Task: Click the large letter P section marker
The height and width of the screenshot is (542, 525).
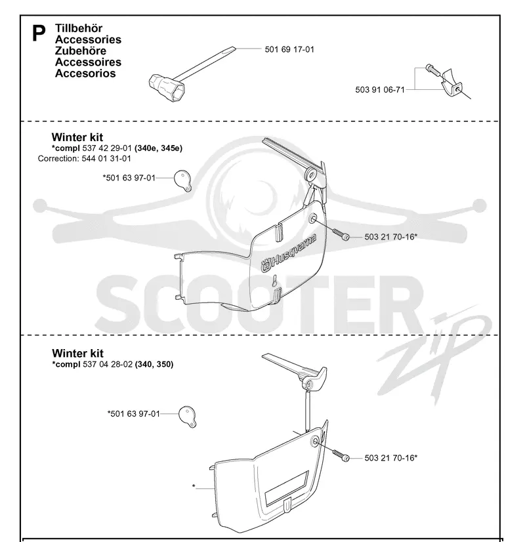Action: pyautogui.click(x=39, y=33)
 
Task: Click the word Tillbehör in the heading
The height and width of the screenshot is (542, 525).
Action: pyautogui.click(x=79, y=28)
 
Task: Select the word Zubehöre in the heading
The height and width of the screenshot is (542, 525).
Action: pyautogui.click(x=81, y=51)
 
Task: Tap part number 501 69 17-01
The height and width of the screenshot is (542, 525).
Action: pyautogui.click(x=289, y=49)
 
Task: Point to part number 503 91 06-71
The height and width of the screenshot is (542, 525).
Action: pyautogui.click(x=380, y=89)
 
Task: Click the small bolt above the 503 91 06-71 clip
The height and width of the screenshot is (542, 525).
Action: pyautogui.click(x=432, y=70)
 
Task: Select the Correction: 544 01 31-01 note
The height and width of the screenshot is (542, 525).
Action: pyautogui.click(x=85, y=159)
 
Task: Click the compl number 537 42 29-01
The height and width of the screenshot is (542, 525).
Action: pyautogui.click(x=107, y=148)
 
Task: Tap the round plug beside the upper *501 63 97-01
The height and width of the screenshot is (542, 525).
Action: pyautogui.click(x=182, y=180)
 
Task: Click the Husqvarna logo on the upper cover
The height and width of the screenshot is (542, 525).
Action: pyautogui.click(x=288, y=253)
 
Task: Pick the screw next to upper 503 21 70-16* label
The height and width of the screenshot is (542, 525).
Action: pyautogui.click(x=341, y=234)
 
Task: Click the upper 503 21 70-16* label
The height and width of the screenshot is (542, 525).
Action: pyautogui.click(x=391, y=237)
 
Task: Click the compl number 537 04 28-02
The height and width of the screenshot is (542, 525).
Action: pyautogui.click(x=108, y=364)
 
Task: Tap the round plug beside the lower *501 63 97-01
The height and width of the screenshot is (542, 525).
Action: pyautogui.click(x=187, y=416)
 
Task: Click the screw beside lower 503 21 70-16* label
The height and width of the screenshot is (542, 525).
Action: pyautogui.click(x=341, y=455)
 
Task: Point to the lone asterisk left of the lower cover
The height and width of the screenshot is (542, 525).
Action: pyautogui.click(x=194, y=486)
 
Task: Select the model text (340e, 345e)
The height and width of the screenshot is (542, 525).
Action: pyautogui.click(x=158, y=148)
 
